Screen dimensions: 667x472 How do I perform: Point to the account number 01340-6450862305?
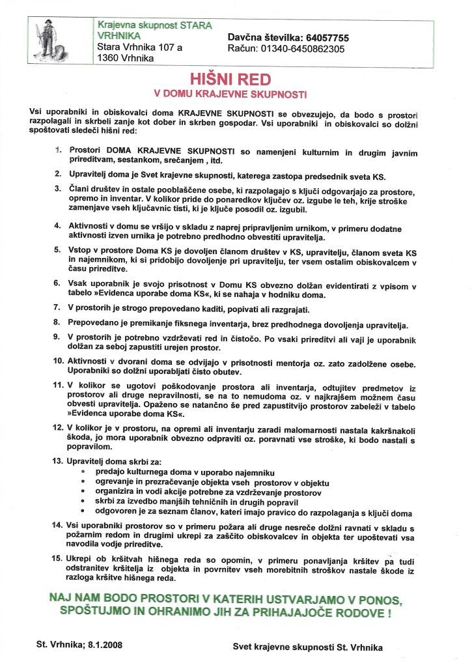click(303, 48)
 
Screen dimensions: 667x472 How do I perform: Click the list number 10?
click(59, 361)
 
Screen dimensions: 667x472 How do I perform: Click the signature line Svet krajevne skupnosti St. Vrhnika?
click(308, 647)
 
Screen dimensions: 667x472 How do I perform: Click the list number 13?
click(59, 461)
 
